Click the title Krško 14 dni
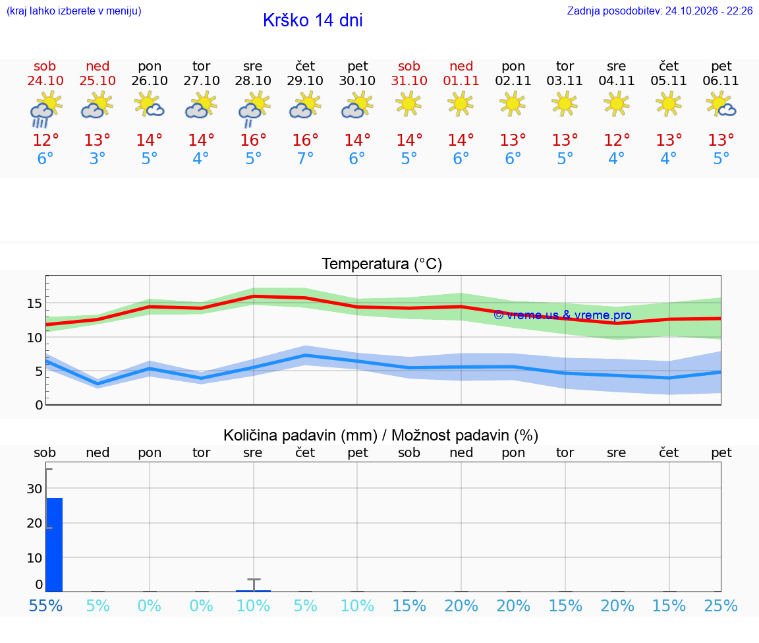point(313,20)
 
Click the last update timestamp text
point(660,11)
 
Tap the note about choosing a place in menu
point(74,11)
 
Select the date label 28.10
point(253,80)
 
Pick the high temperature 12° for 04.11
point(617,140)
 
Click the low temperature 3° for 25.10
point(98,158)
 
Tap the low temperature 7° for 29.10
point(305,158)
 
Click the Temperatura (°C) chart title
point(382,264)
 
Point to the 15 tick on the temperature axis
point(34,304)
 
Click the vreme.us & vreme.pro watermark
point(563,315)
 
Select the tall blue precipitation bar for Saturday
point(54,545)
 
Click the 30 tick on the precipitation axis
point(34,489)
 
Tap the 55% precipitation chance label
point(45,605)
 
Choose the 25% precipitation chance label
point(721,605)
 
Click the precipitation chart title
point(381,435)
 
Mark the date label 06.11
point(721,80)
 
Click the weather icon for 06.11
point(721,106)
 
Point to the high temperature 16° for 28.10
point(253,140)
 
